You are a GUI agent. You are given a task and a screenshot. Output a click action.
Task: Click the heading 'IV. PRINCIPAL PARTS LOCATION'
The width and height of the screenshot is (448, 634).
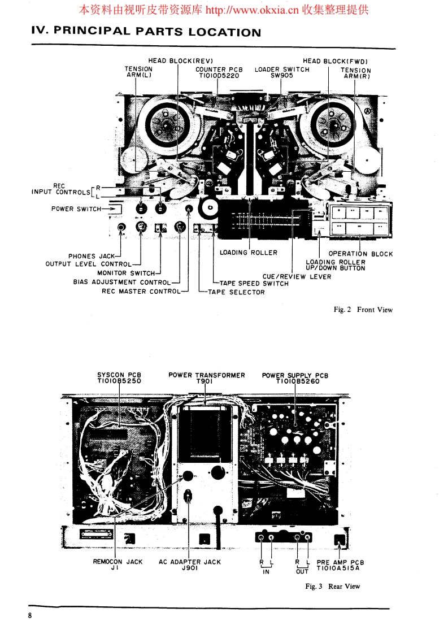pyautogui.click(x=146, y=32)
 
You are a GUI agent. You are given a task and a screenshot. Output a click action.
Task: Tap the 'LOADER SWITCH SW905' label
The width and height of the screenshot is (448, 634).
pyautogui.click(x=282, y=72)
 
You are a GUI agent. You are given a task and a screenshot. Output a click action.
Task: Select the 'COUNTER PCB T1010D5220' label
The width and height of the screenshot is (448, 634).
pyautogui.click(x=219, y=72)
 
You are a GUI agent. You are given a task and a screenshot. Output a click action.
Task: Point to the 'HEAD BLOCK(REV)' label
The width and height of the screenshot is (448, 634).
pyautogui.click(x=180, y=61)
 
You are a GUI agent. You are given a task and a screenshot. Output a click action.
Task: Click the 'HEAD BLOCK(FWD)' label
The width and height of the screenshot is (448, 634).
pyautogui.click(x=336, y=61)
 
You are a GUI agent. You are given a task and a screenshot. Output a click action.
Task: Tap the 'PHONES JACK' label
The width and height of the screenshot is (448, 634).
pyautogui.click(x=91, y=256)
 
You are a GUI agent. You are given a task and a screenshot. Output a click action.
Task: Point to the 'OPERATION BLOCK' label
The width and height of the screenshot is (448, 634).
pyautogui.click(x=360, y=254)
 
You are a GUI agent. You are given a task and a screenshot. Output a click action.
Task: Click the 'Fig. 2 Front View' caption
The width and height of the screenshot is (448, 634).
pyautogui.click(x=363, y=310)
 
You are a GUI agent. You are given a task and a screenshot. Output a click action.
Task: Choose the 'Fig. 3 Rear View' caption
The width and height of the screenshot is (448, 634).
pyautogui.click(x=332, y=587)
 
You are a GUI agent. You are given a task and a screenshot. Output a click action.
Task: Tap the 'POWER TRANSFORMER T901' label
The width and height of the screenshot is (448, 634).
pyautogui.click(x=207, y=378)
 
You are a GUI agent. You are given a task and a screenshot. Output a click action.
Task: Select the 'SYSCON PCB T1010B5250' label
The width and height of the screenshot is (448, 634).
pyautogui.click(x=119, y=378)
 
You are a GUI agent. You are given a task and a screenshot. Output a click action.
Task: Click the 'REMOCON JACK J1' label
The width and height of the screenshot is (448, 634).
pyautogui.click(x=118, y=565)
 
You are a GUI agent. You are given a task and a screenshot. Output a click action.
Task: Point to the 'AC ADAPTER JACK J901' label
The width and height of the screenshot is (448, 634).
pyautogui.click(x=190, y=565)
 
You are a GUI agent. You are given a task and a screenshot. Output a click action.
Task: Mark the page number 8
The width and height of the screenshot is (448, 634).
pyautogui.click(x=30, y=615)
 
